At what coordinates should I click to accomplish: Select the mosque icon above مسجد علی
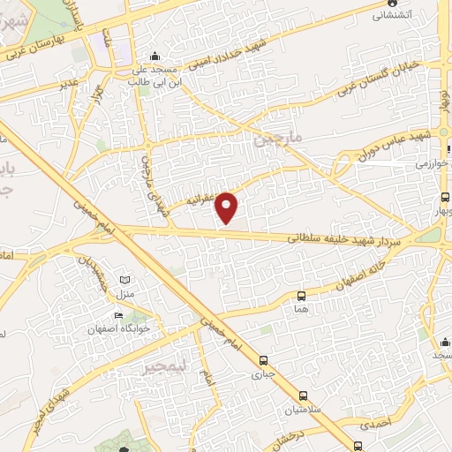coord(155,55)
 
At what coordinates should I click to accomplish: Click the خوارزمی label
coord(433,163)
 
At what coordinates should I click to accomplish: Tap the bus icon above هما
coord(302,297)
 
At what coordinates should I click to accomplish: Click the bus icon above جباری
coord(264,360)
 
